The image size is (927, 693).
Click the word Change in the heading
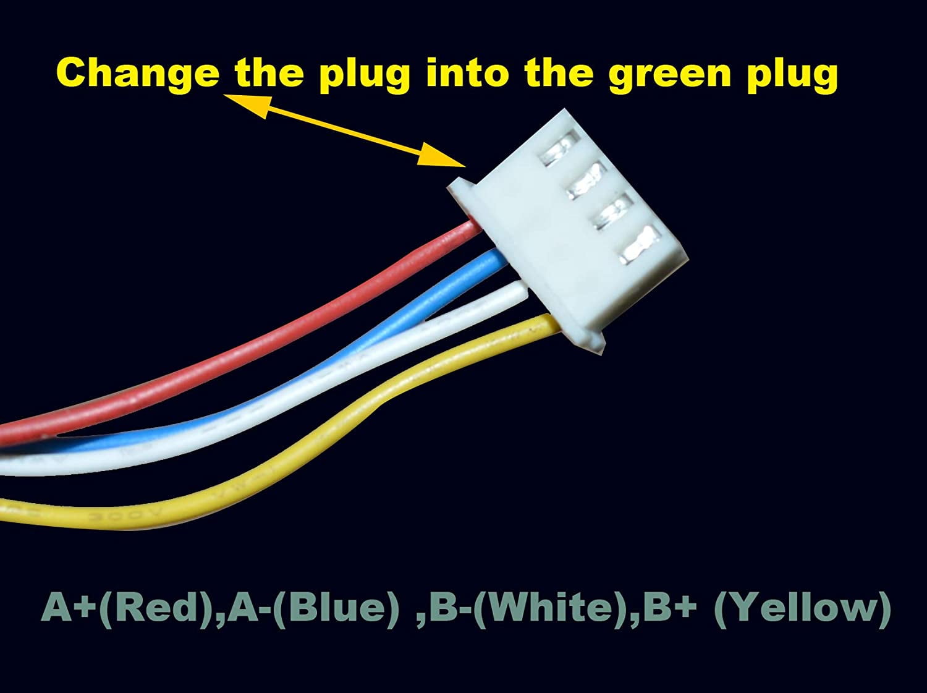click(138, 74)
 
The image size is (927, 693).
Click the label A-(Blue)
click(313, 608)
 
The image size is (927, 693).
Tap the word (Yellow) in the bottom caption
click(802, 608)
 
